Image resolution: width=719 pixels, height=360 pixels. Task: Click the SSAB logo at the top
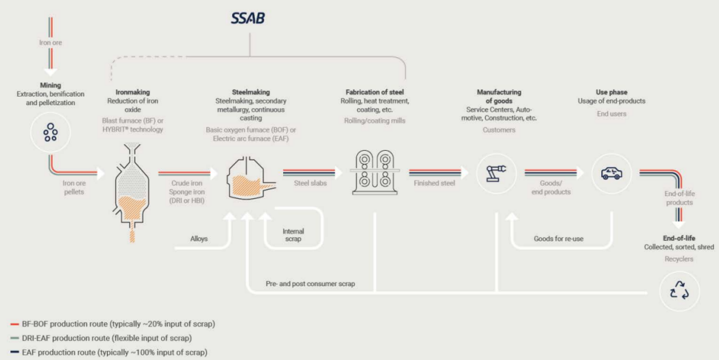(248, 18)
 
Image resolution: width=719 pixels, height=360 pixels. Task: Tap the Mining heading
(51, 85)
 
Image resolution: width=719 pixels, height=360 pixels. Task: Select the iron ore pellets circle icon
(51, 133)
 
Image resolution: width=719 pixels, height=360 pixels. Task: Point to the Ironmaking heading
(132, 92)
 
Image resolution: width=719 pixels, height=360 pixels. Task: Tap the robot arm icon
(496, 173)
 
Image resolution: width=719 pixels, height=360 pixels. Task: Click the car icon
(611, 173)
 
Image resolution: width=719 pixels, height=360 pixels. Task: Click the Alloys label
(199, 239)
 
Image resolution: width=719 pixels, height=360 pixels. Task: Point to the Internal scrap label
(293, 235)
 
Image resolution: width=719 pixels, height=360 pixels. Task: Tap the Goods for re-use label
(559, 239)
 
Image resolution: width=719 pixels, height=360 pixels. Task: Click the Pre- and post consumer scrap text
(310, 284)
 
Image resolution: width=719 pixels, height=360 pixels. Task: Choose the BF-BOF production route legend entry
(112, 324)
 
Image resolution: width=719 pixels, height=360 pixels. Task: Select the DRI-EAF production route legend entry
(101, 339)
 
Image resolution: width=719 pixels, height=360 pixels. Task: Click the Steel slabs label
(310, 183)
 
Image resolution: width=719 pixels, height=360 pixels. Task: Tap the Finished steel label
(435, 183)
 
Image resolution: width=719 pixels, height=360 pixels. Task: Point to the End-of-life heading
(679, 239)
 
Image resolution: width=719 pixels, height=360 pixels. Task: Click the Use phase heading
(611, 92)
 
